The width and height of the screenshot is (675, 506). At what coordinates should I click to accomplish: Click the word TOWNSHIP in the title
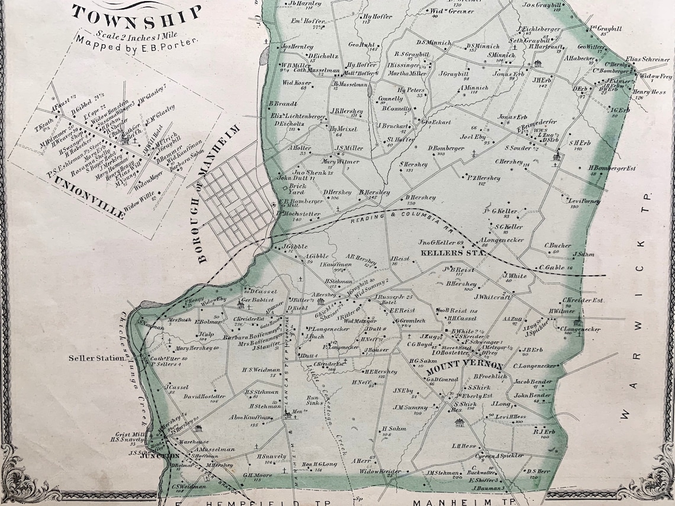point(137,14)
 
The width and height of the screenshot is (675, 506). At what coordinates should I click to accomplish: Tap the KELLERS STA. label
point(461,253)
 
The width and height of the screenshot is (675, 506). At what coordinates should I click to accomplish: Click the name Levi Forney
point(584,201)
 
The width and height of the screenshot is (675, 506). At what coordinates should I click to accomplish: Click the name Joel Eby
point(472,137)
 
